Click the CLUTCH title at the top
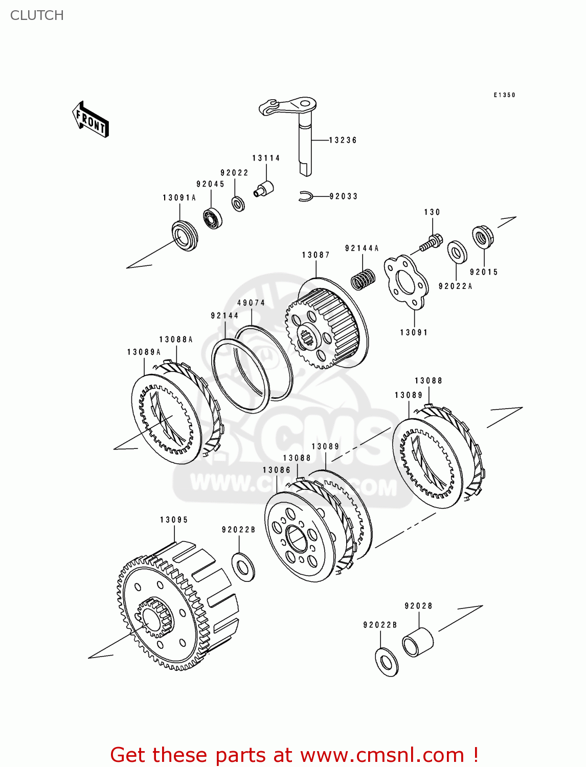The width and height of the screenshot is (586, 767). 37,15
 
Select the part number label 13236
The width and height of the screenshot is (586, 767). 343,140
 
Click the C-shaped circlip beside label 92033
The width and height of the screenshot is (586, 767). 306,196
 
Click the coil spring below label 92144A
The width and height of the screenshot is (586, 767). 363,280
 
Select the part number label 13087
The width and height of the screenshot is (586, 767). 315,255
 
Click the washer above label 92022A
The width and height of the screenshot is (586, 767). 457,252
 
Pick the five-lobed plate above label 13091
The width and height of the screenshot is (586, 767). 406,282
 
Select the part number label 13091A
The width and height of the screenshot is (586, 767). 179,198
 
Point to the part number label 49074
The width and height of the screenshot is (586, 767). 251,303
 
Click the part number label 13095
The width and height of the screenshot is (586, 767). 174,520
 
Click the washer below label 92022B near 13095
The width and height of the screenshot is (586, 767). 243,567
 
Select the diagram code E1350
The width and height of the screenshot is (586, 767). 504,95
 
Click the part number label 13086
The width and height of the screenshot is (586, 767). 276,470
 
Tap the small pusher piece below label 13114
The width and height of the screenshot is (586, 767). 264,189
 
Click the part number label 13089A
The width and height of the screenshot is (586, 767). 144,352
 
